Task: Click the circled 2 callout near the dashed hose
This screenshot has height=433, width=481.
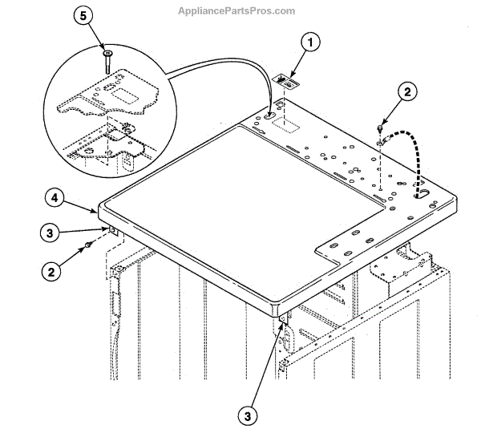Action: [x=406, y=94]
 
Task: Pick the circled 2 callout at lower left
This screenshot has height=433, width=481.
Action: [x=50, y=273]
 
